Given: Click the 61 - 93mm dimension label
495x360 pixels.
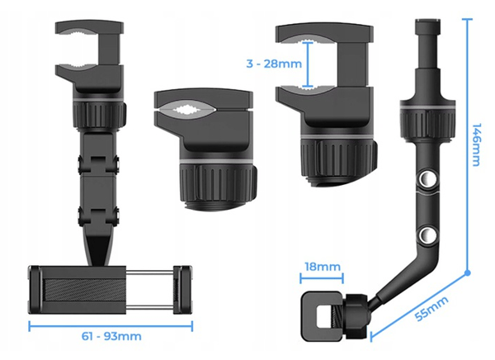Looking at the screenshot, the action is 111,336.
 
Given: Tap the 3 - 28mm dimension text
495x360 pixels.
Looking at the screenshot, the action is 274,64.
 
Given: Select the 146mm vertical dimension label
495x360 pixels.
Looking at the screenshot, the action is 476,144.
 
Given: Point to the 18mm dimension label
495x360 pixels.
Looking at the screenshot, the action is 323,267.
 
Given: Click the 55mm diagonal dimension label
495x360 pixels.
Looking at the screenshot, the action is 431,309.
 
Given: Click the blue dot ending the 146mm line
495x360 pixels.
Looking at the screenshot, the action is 468,272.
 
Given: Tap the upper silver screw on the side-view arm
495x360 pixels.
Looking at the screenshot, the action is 427,179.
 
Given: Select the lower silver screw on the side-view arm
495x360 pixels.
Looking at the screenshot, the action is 427,234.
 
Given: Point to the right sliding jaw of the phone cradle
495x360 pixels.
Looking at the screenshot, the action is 182,290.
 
